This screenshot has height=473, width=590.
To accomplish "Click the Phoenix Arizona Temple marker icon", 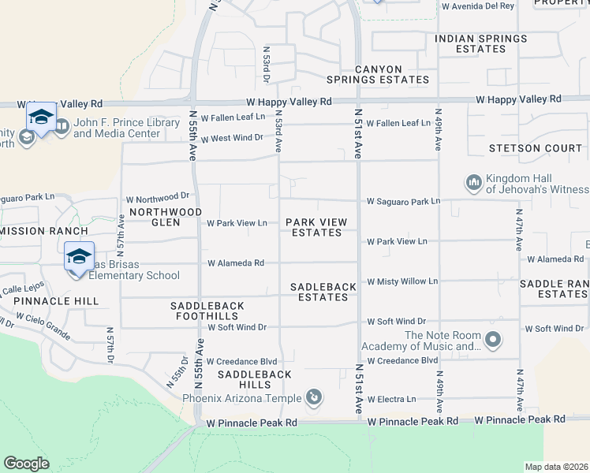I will tap(314, 397).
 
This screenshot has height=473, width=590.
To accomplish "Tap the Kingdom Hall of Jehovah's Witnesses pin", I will tap(474, 184).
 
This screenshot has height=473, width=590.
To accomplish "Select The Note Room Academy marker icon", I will tap(494, 341).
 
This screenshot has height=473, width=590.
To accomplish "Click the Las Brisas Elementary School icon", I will tap(79, 257).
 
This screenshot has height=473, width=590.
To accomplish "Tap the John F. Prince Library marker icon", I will tap(62, 126).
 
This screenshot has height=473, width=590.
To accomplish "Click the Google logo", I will tap(26, 464).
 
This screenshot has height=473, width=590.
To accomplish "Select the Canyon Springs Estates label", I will tap(392, 75).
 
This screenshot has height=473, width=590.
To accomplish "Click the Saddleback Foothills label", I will tap(207, 311).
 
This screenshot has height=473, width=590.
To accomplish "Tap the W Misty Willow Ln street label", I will tap(402, 281).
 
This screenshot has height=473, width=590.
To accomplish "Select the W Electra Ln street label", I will tap(391, 400).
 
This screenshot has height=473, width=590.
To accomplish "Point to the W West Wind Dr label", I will tap(231, 139).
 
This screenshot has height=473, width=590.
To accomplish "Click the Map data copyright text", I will tap(555, 467).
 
